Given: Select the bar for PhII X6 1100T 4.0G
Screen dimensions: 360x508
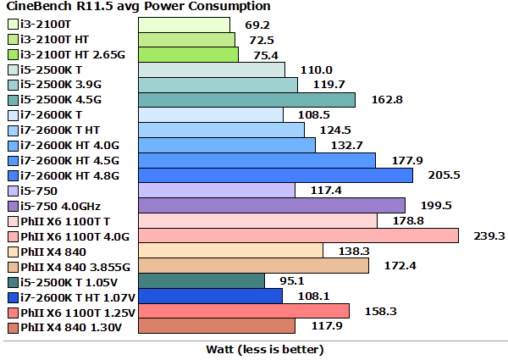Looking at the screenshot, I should coord(298,235).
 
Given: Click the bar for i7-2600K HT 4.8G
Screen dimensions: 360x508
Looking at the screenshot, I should coord(275,174).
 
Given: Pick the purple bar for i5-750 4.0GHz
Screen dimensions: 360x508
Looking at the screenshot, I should coord(272,205).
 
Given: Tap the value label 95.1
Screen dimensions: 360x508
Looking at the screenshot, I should coord(292,281).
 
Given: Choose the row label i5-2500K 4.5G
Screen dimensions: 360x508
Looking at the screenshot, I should coord(63,100).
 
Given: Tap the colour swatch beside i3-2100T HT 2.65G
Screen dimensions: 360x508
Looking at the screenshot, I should coord(12,54).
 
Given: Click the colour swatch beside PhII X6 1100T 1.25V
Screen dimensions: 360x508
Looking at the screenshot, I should coord(12,312).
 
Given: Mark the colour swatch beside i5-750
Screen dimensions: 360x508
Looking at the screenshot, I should coord(12,191).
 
